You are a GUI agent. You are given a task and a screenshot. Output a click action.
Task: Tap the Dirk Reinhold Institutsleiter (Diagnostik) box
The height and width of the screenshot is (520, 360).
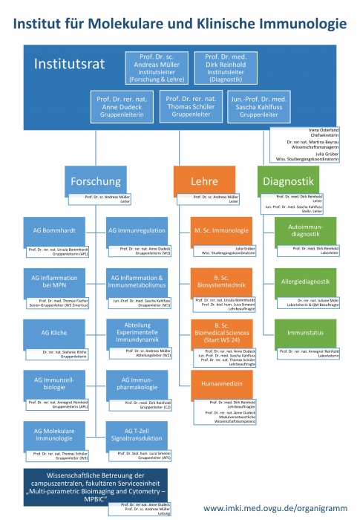[x=226, y=67]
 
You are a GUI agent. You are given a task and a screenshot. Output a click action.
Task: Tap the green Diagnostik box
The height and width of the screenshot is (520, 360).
[x=290, y=181]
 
